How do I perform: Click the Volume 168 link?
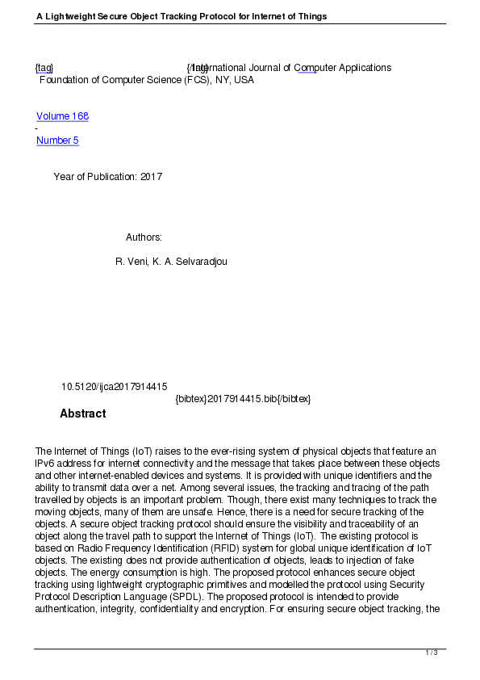click(62, 116)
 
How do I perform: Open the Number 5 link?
click(57, 141)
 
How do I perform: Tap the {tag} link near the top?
click(44, 68)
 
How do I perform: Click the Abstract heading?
click(82, 413)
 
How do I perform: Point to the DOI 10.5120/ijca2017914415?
click(115, 387)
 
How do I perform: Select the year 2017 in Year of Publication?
click(151, 176)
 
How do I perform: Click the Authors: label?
click(144, 237)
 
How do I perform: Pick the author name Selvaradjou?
click(206, 262)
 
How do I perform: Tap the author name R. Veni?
click(131, 262)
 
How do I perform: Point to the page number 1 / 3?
click(432, 653)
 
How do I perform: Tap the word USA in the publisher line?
click(244, 80)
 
